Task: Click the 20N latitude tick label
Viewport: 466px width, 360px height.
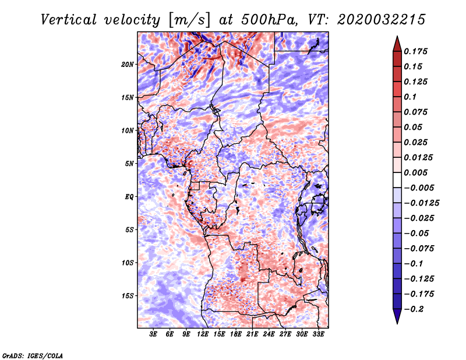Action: tap(128, 65)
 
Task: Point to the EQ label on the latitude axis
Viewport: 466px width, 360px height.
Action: tap(129, 197)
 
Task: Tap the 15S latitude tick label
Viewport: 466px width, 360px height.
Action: tap(128, 296)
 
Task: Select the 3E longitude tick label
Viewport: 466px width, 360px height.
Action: tap(153, 334)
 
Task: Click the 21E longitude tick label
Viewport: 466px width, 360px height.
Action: tap(252, 334)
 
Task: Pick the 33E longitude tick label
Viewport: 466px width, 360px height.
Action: tap(318, 334)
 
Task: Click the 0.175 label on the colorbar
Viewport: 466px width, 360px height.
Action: tap(415, 51)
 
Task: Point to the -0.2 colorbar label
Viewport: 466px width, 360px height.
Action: tap(414, 309)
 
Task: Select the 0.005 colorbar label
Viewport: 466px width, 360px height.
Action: tap(415, 172)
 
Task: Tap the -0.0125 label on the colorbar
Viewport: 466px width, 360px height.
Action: tap(421, 203)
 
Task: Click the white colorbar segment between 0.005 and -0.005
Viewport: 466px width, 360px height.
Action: tap(397, 180)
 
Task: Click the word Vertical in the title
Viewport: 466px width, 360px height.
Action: tap(69, 20)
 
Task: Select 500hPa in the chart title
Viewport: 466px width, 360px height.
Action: tap(269, 20)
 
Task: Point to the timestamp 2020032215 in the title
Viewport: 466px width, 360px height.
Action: tap(382, 20)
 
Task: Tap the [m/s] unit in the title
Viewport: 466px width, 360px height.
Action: tap(189, 20)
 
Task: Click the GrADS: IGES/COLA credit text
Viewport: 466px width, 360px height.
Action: tap(33, 355)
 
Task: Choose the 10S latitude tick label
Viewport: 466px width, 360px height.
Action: tap(128, 263)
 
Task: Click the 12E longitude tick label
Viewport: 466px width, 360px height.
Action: tap(203, 334)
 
